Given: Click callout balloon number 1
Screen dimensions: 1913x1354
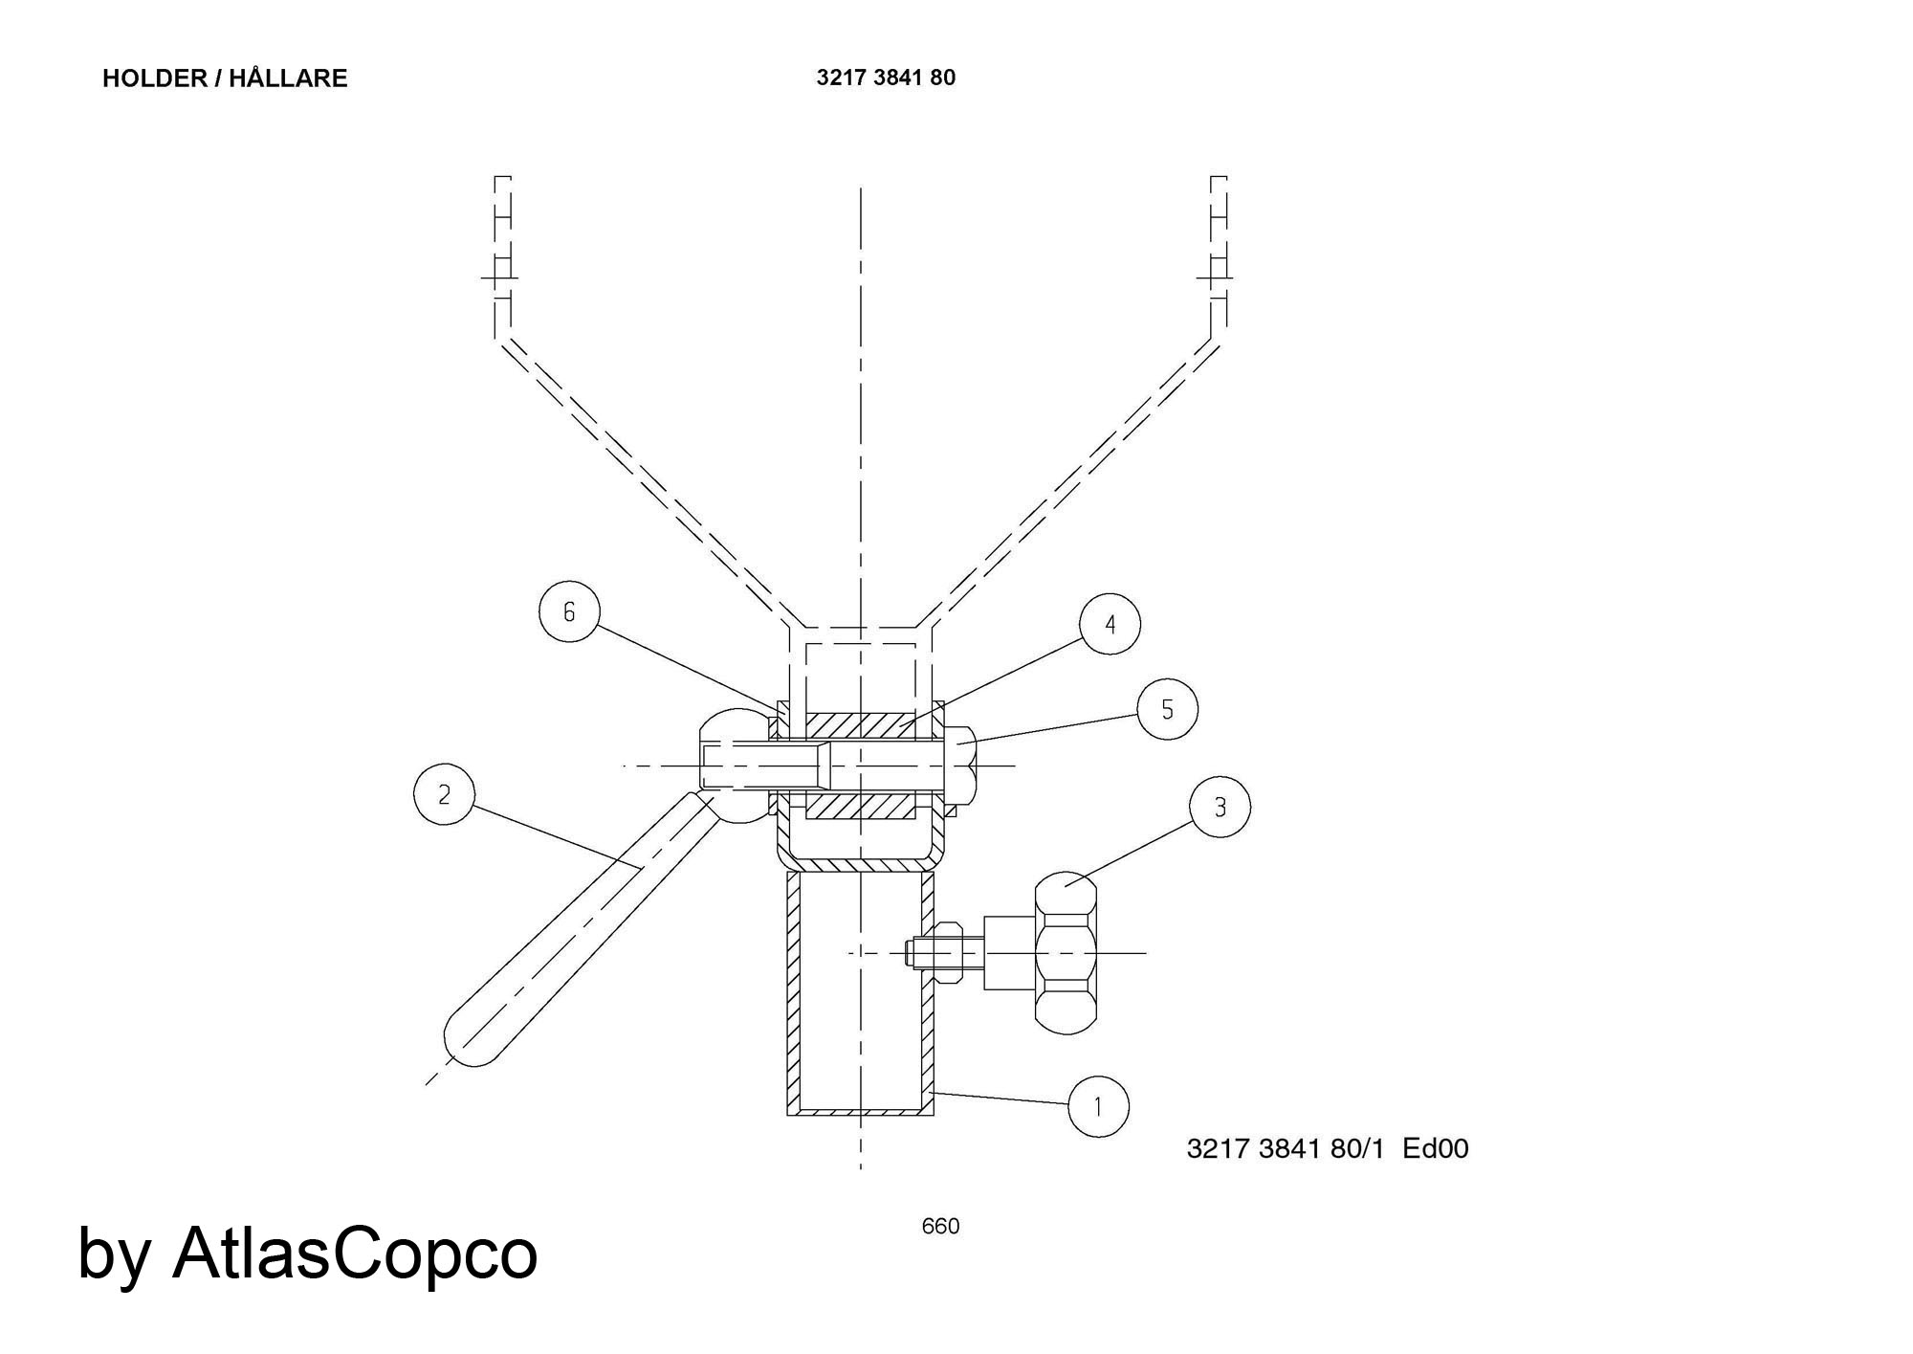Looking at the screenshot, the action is tap(1098, 1106).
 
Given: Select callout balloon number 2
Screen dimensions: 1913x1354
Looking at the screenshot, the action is tap(444, 794).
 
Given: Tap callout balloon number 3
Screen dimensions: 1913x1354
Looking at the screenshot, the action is tap(1220, 808).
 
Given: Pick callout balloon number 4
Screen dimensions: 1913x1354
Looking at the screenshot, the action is tap(1110, 625).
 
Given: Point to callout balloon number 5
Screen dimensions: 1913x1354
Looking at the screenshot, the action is tap(1167, 709).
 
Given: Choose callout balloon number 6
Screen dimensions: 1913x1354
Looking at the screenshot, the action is tap(569, 611).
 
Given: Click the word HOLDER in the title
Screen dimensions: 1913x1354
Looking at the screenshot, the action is tap(155, 78).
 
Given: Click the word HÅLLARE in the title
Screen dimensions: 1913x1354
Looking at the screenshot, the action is tap(288, 77).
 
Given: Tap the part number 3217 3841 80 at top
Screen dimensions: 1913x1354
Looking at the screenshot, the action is tap(886, 78).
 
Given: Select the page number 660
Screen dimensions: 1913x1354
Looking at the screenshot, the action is tap(940, 1226).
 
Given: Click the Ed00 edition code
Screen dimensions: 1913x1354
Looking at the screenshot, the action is tap(1436, 1148).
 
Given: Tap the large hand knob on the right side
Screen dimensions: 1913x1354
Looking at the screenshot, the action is tap(1065, 952).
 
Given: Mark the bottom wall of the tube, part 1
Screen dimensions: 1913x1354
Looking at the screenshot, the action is tap(860, 1112).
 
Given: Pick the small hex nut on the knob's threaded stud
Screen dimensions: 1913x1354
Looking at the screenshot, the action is tap(946, 952).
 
